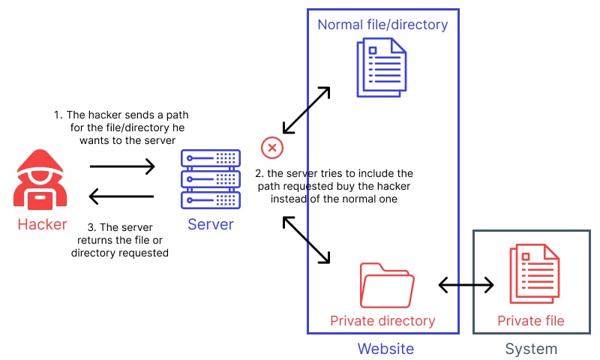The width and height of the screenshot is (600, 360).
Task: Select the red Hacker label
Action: pos(42,223)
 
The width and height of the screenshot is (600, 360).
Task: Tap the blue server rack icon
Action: pos(211,179)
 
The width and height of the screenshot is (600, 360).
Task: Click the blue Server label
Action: pos(211,224)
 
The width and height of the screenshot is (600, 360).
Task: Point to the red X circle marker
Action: pos(271,148)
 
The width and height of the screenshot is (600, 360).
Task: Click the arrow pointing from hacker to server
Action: pos(122,166)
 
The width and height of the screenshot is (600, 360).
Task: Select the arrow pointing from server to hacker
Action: pos(122,197)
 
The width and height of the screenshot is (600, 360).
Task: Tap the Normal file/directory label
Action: pos(382,25)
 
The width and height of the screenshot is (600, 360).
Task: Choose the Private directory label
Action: pos(382,321)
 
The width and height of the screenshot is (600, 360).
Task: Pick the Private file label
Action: pos(531,321)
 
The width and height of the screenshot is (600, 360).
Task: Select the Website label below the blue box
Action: pos(385,348)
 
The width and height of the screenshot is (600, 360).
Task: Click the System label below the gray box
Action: pos(531,348)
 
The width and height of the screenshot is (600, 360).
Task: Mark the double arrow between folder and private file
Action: pos(466,285)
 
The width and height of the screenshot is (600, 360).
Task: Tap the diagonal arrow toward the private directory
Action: pos(306,240)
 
